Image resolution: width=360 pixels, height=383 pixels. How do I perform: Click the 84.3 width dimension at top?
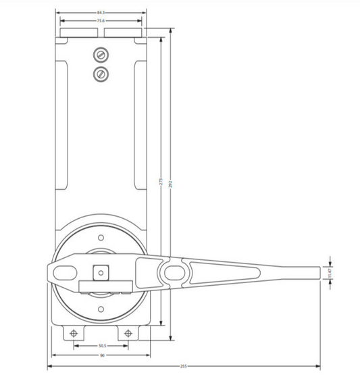coord(101,13)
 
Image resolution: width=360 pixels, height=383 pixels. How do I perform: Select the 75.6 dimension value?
coord(101,21)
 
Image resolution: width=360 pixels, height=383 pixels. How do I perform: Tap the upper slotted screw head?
coord(101,55)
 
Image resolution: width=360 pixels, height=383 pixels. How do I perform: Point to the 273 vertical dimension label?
coord(161,184)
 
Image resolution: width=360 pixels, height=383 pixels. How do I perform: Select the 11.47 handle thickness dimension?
coord(331,272)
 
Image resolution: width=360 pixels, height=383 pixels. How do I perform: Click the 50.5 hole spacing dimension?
coord(101,345)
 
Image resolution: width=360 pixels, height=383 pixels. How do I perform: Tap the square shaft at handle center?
coord(101,272)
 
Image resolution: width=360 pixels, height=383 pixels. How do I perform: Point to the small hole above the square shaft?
coord(101,238)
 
